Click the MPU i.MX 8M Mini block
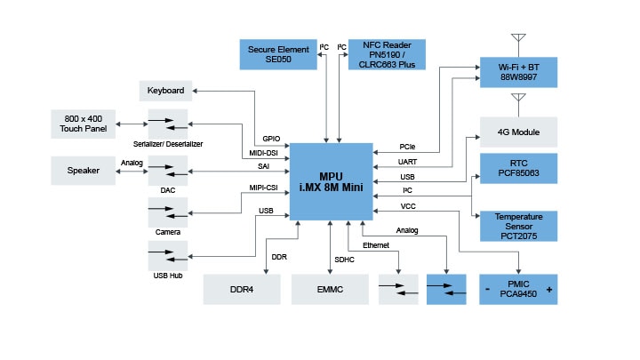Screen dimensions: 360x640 [332, 180]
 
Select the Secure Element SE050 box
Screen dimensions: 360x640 [280, 54]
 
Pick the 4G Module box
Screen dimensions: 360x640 [518, 132]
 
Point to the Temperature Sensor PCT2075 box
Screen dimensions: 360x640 [518, 226]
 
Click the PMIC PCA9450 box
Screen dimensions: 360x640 [518, 290]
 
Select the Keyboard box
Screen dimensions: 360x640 [166, 91]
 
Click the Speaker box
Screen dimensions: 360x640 [83, 170]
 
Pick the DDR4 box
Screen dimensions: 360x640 [243, 290]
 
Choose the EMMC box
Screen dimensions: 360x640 [330, 290]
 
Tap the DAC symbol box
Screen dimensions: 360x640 [168, 170]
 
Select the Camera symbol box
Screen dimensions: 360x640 [168, 212]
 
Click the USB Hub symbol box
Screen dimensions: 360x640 [168, 255]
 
